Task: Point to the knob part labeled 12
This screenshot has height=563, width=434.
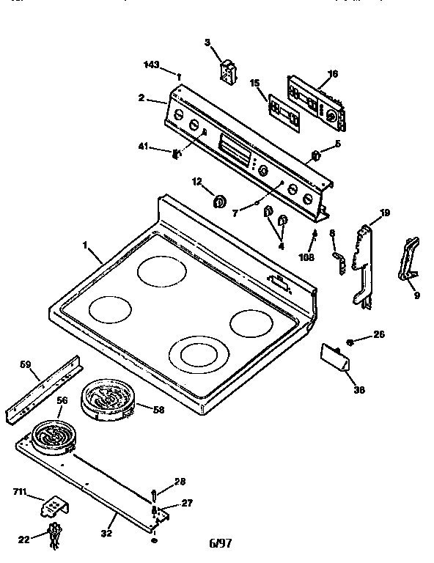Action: [218, 202]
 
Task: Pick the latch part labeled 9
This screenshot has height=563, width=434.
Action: [408, 260]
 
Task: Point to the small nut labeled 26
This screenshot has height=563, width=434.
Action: [353, 342]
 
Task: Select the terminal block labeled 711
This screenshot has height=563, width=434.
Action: [55, 504]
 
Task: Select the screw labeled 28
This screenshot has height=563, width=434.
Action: [155, 493]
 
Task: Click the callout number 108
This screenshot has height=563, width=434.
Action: [307, 257]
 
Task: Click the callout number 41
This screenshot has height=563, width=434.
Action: [145, 149]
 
